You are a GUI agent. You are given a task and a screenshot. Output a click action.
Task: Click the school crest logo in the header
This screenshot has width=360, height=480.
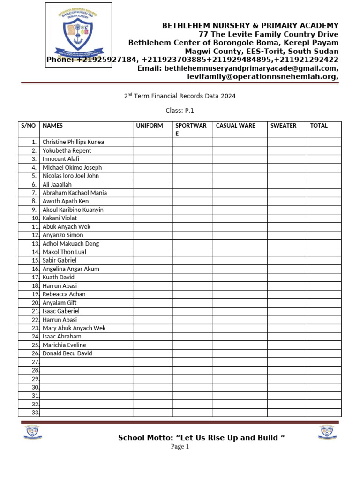pos(78,35)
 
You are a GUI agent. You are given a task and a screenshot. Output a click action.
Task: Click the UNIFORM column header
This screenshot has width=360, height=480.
pos(150,126)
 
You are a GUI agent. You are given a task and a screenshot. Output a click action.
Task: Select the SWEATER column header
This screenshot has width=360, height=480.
pos(283,126)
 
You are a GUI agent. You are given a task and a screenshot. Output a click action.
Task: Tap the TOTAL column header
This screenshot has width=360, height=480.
pos(319,126)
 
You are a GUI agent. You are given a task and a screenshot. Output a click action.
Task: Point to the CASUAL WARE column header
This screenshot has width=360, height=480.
pos(235,126)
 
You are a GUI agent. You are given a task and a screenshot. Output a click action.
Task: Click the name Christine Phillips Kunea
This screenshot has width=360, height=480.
pos(73,142)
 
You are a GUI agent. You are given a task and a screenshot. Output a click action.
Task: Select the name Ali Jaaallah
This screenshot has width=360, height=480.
pos(57,184)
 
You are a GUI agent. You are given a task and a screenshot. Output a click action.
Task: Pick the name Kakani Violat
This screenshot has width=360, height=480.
pos(60,218)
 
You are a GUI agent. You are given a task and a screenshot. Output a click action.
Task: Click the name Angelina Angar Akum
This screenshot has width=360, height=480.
pos(71,269)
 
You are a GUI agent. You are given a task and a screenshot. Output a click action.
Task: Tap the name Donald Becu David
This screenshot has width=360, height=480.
pos(67,353)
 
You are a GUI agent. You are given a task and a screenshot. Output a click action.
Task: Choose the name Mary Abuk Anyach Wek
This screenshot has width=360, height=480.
pos(74,328)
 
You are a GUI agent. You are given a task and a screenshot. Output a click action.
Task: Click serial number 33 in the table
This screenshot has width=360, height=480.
pos(35,412)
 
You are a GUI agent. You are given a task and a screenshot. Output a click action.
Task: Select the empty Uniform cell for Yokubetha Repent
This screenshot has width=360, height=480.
pos(152,150)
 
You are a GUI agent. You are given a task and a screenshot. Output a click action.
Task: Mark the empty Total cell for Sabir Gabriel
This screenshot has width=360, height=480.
pos(324,260)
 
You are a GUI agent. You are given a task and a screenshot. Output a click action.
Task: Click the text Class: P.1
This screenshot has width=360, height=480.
pos(180,111)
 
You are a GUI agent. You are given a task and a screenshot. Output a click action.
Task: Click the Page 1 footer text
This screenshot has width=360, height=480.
pos(180,447)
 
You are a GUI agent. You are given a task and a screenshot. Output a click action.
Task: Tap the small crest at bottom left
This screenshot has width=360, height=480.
pos(31,432)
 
